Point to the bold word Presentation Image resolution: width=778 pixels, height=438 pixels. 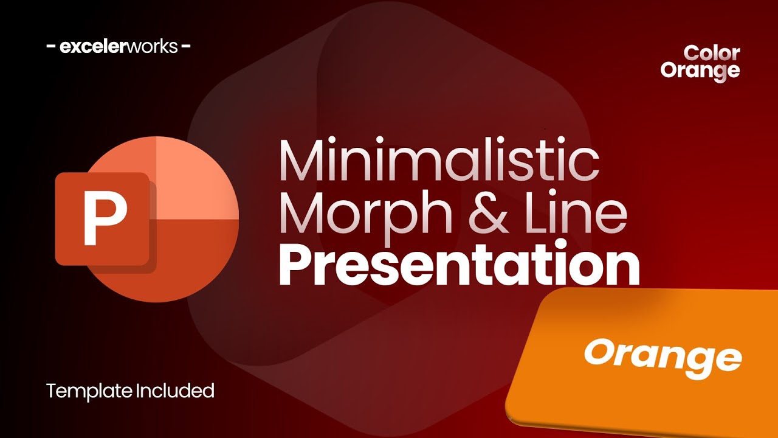coord(459,265)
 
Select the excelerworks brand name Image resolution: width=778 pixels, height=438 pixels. coord(119,46)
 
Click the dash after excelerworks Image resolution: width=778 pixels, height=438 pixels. coord(186,46)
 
